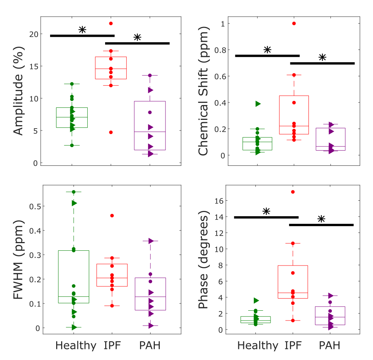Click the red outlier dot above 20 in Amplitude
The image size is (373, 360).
pyautogui.click(x=111, y=24)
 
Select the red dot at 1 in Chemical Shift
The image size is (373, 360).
pyautogui.click(x=294, y=24)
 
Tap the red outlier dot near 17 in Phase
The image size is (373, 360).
pyautogui.click(x=293, y=192)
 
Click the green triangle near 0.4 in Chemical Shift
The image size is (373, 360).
pyautogui.click(x=258, y=104)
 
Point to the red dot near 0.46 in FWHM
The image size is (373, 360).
pyautogui.click(x=112, y=215)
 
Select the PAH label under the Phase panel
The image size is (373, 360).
pyautogui.click(x=329, y=346)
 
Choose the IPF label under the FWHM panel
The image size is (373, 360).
pyautogui.click(x=113, y=346)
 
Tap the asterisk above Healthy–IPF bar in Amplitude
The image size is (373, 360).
pyautogui.click(x=82, y=30)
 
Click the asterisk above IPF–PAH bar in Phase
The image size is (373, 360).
pyautogui.click(x=321, y=219)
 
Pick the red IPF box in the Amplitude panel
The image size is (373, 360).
pyautogui.click(x=111, y=68)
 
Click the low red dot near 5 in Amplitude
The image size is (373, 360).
pyautogui.click(x=111, y=132)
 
